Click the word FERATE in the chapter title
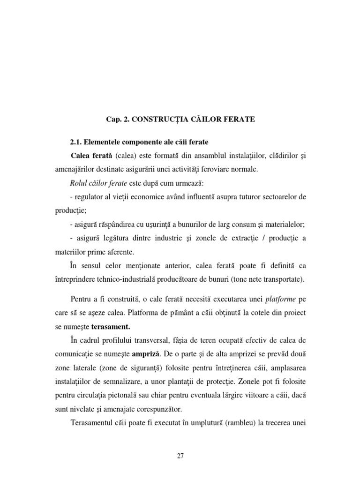(239, 120)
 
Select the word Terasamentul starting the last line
(94, 422)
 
